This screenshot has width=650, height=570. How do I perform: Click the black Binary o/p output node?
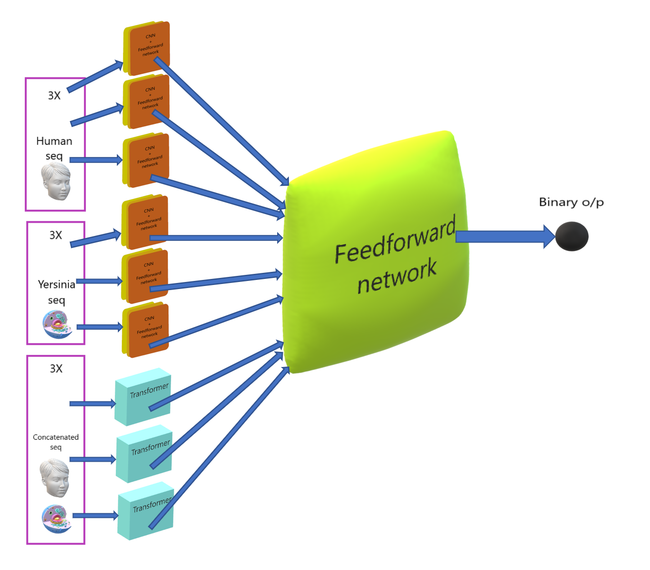(x=572, y=236)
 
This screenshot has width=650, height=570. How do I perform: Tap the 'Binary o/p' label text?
(x=571, y=202)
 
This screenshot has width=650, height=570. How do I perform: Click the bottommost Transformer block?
(x=146, y=511)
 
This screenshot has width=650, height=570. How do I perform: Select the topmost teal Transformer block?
(x=143, y=396)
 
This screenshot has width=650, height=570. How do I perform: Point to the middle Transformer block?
(x=144, y=454)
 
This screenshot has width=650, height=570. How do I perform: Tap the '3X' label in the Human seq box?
(x=54, y=96)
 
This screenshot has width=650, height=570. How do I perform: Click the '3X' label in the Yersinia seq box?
(x=56, y=235)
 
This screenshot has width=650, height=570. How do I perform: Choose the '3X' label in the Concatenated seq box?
(x=56, y=369)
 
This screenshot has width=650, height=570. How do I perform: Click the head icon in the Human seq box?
(x=56, y=181)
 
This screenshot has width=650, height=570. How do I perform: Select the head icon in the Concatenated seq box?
(x=55, y=478)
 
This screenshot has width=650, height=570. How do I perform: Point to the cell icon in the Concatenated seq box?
(x=56, y=519)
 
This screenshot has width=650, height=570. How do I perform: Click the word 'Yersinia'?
(x=57, y=284)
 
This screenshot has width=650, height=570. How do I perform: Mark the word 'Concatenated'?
(x=56, y=437)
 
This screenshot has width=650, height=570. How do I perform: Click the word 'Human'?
(x=54, y=141)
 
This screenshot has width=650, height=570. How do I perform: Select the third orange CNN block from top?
(x=146, y=160)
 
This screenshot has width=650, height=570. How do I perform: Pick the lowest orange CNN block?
(x=146, y=330)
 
